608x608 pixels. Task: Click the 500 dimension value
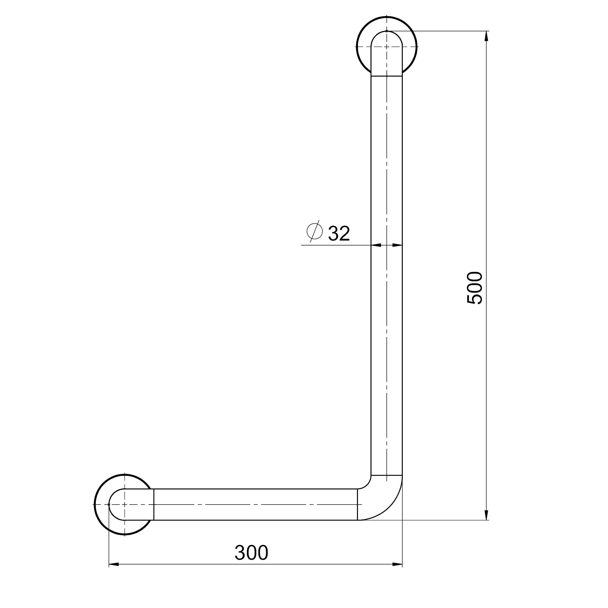[x=475, y=288]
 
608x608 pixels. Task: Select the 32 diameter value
[x=339, y=233]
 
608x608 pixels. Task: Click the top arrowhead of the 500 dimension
[x=486, y=36]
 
